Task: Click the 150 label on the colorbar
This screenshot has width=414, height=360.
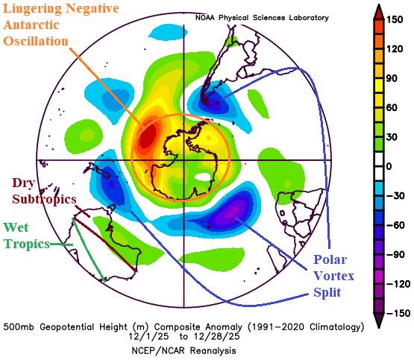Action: (395, 19)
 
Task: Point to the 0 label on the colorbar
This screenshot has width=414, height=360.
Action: (389, 166)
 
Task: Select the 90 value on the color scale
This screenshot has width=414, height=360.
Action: (392, 78)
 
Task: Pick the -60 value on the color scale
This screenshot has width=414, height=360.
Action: (395, 225)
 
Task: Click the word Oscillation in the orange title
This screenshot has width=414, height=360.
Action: (36, 42)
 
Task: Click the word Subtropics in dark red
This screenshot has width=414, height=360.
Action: (44, 198)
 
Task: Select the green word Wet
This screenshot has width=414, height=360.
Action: (16, 227)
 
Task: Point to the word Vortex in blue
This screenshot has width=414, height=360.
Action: (333, 276)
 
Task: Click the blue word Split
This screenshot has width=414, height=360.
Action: (327, 292)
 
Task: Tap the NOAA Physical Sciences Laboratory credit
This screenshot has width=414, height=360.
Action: (262, 18)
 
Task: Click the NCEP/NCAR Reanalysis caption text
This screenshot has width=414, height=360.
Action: (184, 351)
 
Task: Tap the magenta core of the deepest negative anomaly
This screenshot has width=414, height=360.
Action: (232, 212)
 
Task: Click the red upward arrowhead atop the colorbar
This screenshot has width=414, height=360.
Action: (379, 12)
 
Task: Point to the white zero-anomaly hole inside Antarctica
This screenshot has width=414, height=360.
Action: (203, 177)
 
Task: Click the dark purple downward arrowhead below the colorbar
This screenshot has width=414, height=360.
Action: (379, 320)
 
